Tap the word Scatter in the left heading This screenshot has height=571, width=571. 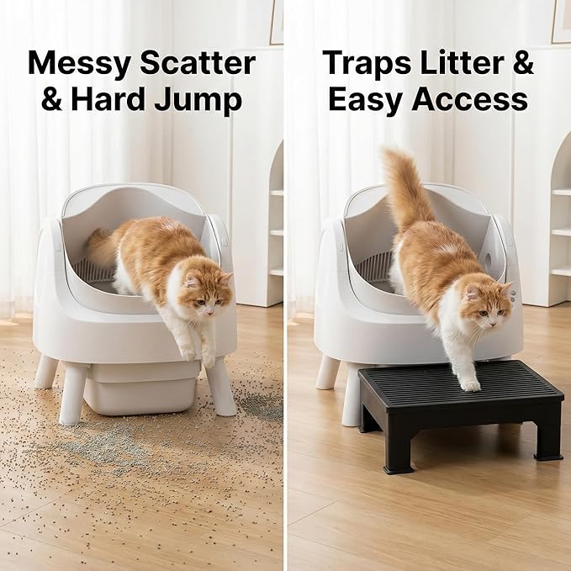tap(199, 64)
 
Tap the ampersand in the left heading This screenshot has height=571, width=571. tap(52, 100)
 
